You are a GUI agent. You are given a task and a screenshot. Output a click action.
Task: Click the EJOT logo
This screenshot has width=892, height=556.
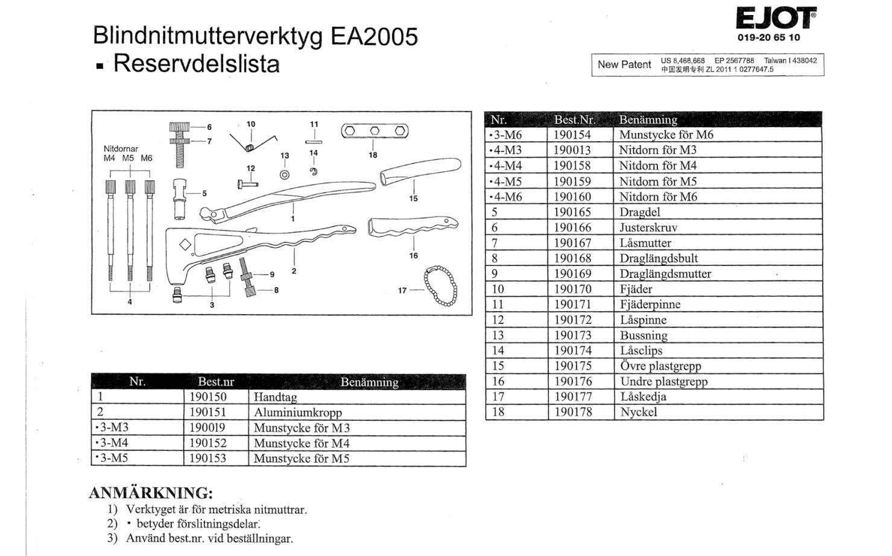(x=776, y=18)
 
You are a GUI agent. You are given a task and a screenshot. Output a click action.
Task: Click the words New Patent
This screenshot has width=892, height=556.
(x=624, y=65)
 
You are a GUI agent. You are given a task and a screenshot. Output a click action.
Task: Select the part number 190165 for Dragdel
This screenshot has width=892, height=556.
(x=572, y=212)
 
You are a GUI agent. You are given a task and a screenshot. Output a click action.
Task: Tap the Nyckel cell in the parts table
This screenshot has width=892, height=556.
(x=638, y=412)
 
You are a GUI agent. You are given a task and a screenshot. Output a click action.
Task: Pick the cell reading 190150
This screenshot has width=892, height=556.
(x=208, y=397)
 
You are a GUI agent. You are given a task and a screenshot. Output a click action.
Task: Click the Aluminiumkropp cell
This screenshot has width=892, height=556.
(x=297, y=413)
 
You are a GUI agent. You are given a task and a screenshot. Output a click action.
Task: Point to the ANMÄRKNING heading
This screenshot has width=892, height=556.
(x=151, y=493)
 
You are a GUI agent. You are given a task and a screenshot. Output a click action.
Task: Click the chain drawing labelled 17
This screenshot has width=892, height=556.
(x=440, y=286)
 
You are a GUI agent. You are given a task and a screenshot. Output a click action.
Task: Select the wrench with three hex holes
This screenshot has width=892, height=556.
(x=375, y=131)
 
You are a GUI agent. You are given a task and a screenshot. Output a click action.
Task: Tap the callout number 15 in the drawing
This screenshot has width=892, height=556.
(x=413, y=198)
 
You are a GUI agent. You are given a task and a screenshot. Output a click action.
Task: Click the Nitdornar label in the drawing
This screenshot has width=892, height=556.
(x=121, y=148)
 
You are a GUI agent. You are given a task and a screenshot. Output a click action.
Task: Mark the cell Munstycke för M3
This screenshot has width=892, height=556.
(x=302, y=428)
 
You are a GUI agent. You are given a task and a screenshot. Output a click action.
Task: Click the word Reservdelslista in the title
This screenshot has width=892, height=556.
(x=196, y=63)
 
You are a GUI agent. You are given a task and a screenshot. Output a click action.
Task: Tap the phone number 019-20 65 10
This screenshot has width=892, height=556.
(x=768, y=37)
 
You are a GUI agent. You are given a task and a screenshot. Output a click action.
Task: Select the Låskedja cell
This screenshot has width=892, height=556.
(x=643, y=397)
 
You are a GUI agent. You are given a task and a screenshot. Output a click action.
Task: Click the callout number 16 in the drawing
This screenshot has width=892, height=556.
(x=413, y=256)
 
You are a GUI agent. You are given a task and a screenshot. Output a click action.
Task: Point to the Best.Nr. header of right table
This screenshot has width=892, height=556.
(x=574, y=119)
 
